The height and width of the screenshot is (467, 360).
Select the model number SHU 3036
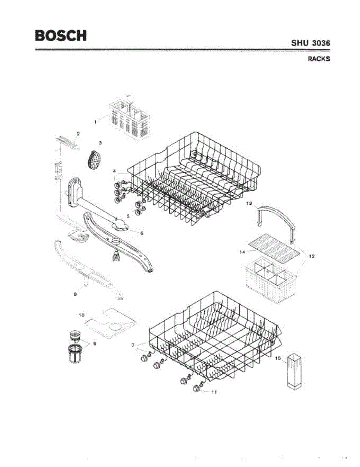pyautogui.click(x=311, y=43)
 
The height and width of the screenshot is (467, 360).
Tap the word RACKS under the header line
pyautogui.click(x=319, y=59)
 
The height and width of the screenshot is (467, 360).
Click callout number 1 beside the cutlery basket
pyautogui.click(x=95, y=122)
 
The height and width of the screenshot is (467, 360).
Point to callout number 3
pyautogui.click(x=100, y=143)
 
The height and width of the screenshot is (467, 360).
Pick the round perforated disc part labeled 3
pyautogui.click(x=93, y=160)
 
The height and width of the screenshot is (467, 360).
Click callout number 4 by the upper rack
pyautogui.click(x=115, y=171)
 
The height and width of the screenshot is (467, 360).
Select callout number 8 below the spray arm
pyautogui.click(x=76, y=295)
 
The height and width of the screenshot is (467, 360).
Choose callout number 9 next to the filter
pyautogui.click(x=95, y=343)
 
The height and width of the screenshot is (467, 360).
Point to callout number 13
pyautogui.click(x=249, y=203)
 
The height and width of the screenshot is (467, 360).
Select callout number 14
pyautogui.click(x=242, y=252)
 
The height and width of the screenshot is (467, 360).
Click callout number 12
pyautogui.click(x=312, y=256)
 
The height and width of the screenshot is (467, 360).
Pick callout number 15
pyautogui.click(x=278, y=358)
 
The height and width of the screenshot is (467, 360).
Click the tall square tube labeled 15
pyautogui.click(x=295, y=371)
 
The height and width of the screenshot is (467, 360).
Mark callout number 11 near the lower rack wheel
pyautogui.click(x=214, y=392)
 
